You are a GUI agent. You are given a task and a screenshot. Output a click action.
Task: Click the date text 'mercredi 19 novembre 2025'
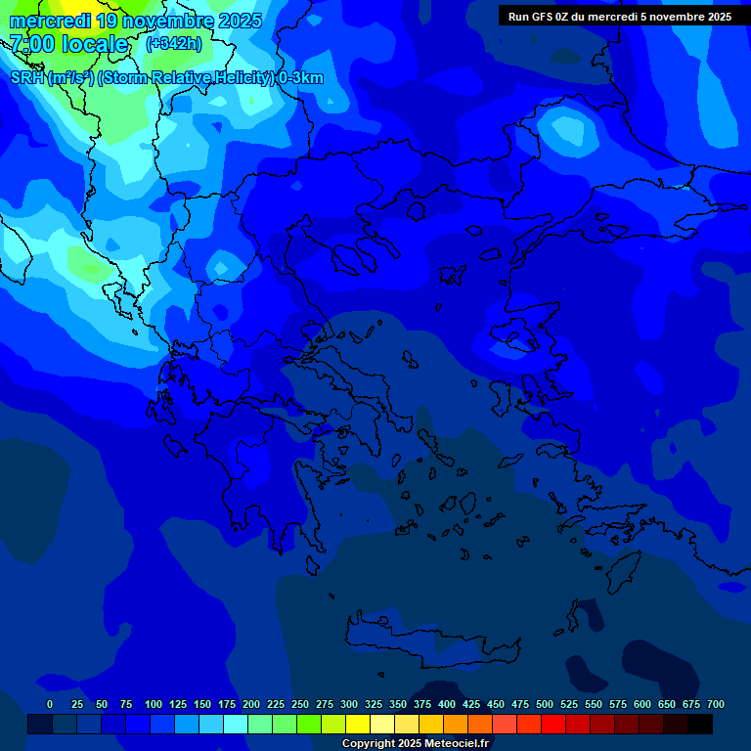[x=135, y=21]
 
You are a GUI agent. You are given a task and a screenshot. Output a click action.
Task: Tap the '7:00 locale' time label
[x=68, y=44]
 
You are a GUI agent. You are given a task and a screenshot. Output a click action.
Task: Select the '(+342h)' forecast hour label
[x=173, y=43]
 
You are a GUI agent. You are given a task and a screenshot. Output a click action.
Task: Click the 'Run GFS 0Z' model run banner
[x=619, y=17]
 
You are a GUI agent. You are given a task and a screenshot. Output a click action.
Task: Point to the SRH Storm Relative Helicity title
[x=166, y=78]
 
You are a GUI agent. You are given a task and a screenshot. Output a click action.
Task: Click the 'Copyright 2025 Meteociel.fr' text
[x=415, y=743]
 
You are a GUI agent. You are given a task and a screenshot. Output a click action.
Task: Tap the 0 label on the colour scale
[x=50, y=704]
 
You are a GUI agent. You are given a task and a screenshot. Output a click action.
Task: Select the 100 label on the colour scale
[x=154, y=704]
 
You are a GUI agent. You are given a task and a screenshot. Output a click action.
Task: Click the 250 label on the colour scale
[x=300, y=704]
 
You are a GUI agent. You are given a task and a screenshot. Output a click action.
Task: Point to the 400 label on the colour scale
[x=447, y=704]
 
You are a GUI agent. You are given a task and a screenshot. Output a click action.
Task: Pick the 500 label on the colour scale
[x=545, y=704]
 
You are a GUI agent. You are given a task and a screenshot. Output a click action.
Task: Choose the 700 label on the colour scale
[x=716, y=704]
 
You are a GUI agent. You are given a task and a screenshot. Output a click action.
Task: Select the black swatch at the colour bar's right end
[x=700, y=724]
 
